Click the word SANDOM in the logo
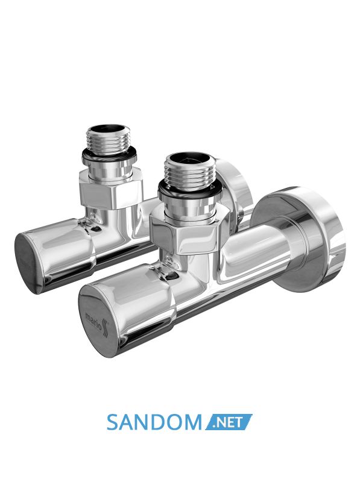154,422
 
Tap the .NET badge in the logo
229,422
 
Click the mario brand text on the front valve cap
93,321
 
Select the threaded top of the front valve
188,170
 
